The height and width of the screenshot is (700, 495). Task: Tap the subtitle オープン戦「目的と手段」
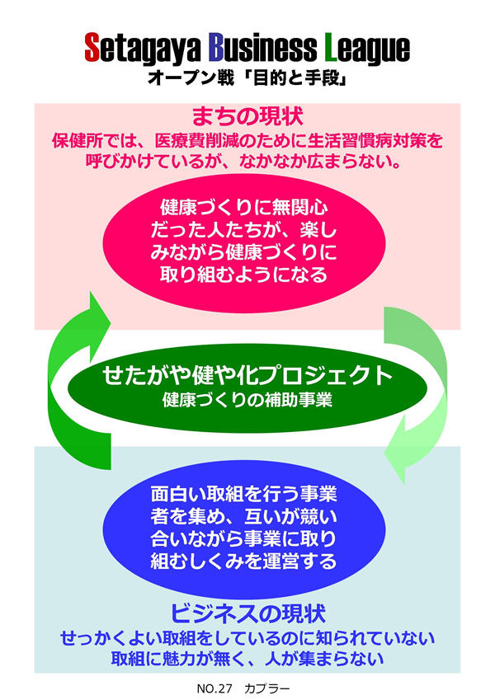247,80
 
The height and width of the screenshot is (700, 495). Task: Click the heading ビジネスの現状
247,613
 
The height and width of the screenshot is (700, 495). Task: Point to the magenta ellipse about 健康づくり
247,239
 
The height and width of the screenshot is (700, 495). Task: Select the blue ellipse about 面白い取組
247,528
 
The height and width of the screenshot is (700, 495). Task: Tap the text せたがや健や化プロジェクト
247,376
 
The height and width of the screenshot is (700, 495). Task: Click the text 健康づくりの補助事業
247,402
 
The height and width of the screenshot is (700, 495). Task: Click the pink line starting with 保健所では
247,141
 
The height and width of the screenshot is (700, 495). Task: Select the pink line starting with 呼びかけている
247,162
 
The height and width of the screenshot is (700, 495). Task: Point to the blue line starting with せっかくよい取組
247,639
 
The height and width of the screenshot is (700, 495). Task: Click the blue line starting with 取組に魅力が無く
247,659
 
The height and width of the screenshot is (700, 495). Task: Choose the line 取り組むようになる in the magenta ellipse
247,275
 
